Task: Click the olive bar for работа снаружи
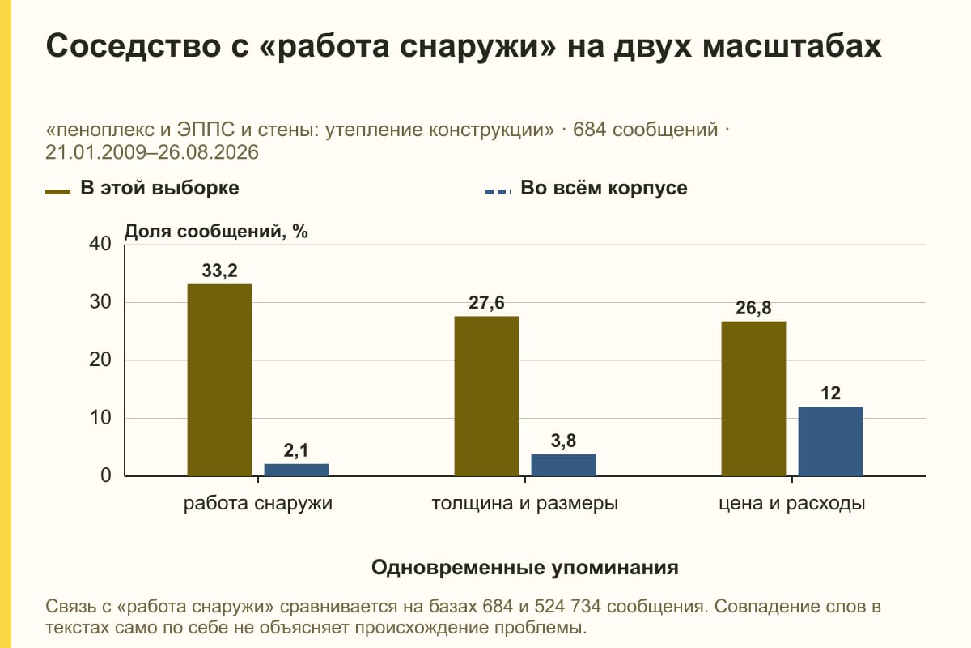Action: (219, 380)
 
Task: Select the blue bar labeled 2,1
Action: (296, 470)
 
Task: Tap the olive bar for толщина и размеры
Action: (486, 396)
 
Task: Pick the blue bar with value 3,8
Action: (563, 465)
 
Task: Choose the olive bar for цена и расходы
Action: (753, 399)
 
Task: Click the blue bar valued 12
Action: (830, 441)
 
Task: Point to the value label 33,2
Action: (220, 271)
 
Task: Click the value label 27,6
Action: (486, 303)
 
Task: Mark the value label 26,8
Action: (753, 308)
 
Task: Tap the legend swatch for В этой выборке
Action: (57, 192)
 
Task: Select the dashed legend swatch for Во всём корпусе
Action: (498, 192)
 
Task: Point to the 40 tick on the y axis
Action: (100, 244)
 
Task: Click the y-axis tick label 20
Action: (100, 360)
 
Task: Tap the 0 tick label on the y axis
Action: (106, 475)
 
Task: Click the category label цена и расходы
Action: (792, 504)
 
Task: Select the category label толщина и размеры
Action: (525, 504)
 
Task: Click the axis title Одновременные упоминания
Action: (525, 568)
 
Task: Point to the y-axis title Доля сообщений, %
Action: (216, 232)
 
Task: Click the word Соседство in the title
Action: (134, 46)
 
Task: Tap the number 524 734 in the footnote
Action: (567, 607)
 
